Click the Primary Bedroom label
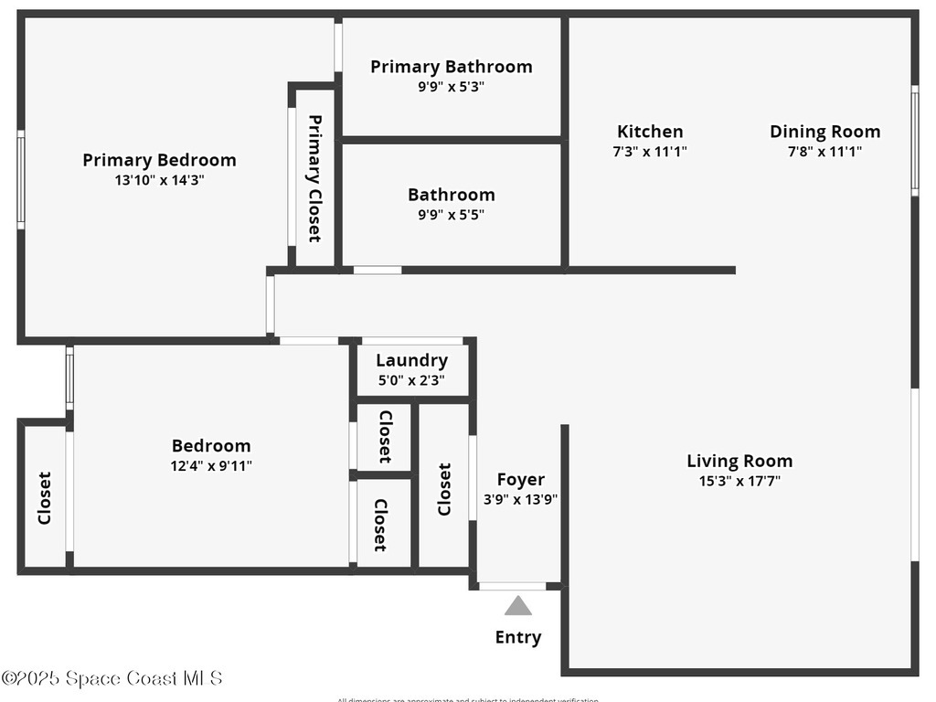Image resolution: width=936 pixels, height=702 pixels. coord(159,160)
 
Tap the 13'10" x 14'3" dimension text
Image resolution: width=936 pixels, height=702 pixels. coord(159,180)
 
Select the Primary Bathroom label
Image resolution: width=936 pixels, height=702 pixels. coord(451,67)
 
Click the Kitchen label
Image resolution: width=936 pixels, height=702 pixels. coord(649,132)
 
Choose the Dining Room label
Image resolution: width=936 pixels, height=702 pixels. coord(824,132)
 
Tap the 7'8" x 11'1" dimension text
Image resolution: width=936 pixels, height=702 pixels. coord(824,153)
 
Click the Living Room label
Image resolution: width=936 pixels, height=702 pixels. coord(739,461)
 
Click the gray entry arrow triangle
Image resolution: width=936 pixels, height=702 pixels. coord(518,606)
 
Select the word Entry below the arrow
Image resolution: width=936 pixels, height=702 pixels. coord(518,637)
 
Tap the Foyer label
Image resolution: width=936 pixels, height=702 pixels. coord(520,480)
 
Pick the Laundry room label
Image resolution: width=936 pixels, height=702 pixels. coord(411,360)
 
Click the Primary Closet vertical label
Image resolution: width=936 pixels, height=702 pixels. coord(314,178)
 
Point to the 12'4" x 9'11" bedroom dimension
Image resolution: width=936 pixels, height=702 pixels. coord(211,465)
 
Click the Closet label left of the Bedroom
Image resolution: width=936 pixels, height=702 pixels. coord(44,498)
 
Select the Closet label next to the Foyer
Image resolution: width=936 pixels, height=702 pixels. coord(444,489)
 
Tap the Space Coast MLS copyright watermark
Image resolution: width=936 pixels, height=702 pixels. coord(112,678)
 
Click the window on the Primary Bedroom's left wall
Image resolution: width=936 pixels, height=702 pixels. coord(20,179)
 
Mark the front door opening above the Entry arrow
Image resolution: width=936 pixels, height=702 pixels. coord(512,586)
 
